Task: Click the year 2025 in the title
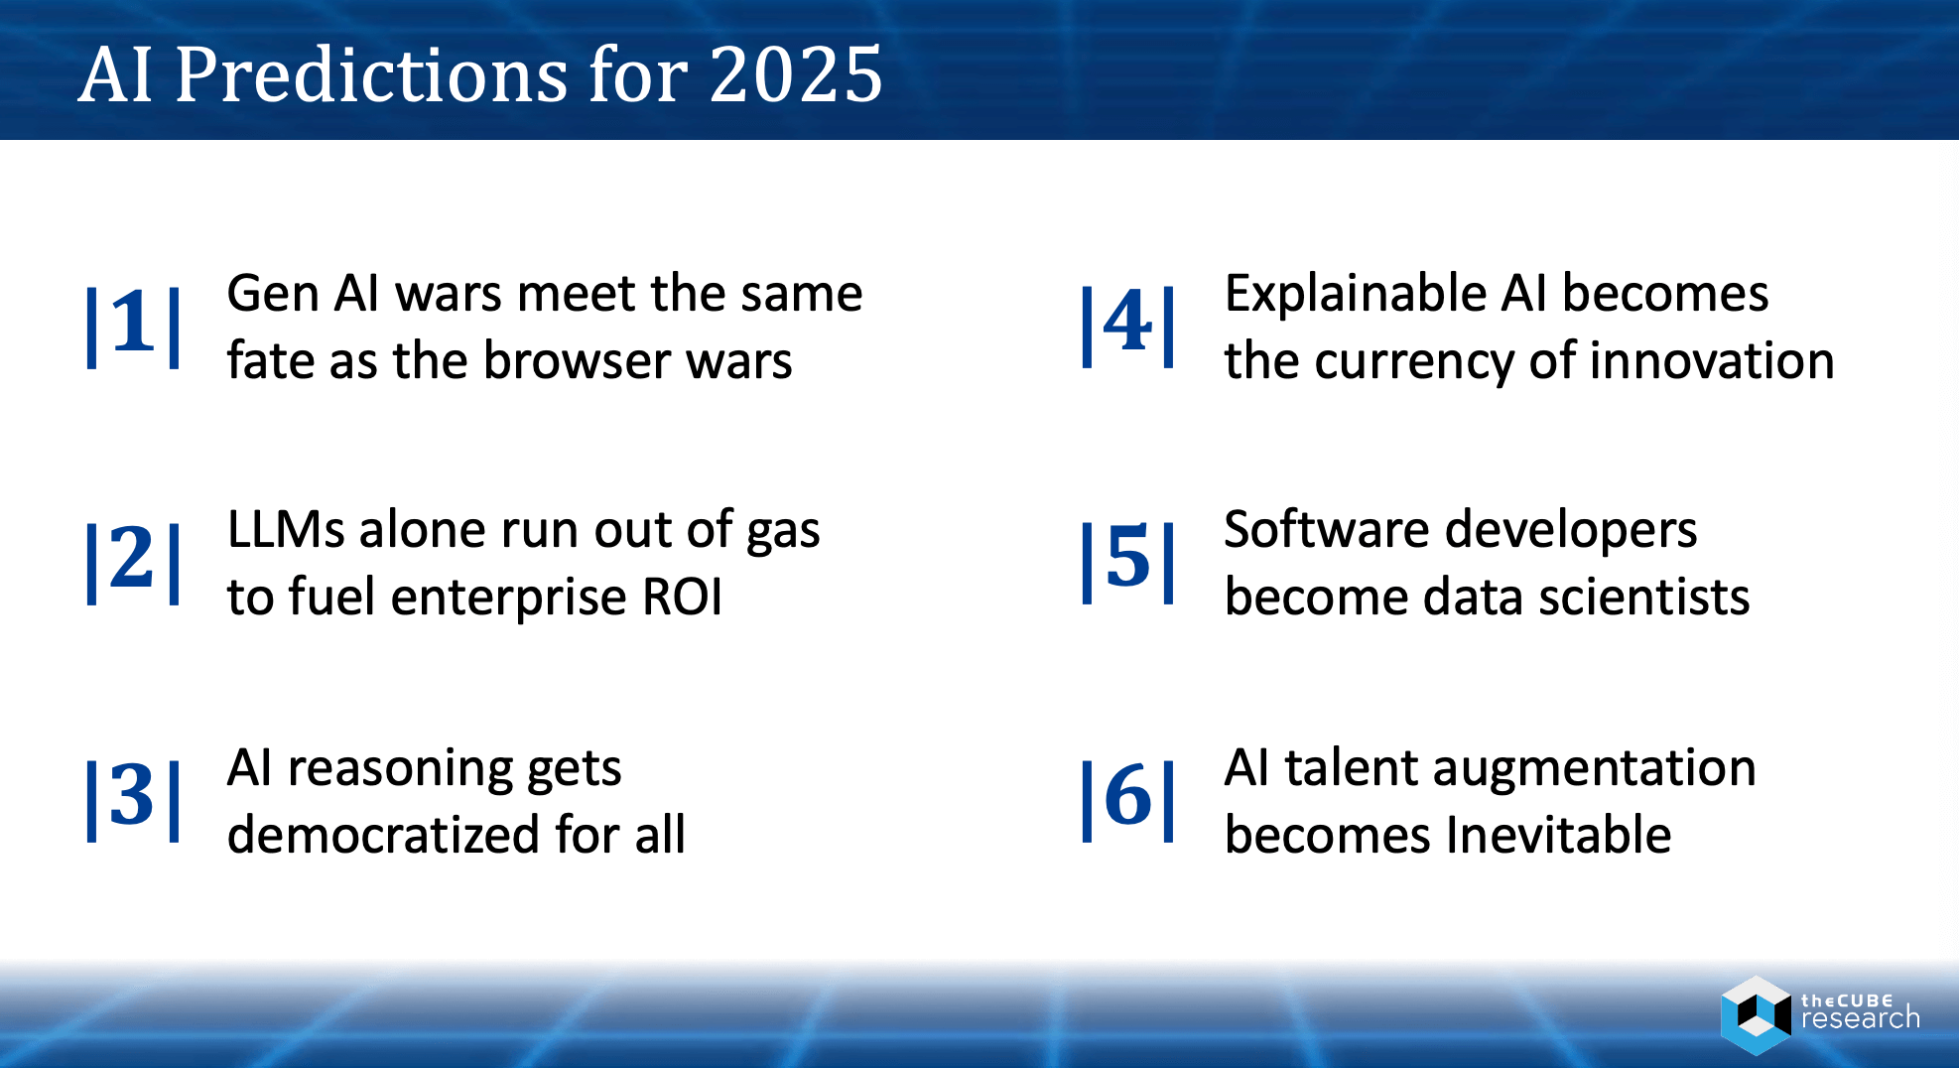pos(796,74)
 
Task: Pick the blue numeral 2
pos(133,558)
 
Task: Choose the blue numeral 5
pos(1127,558)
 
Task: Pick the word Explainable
pos(1354,295)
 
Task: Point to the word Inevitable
pos(1558,835)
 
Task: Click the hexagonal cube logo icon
pos(1756,1014)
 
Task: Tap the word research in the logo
pos(1860,1019)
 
